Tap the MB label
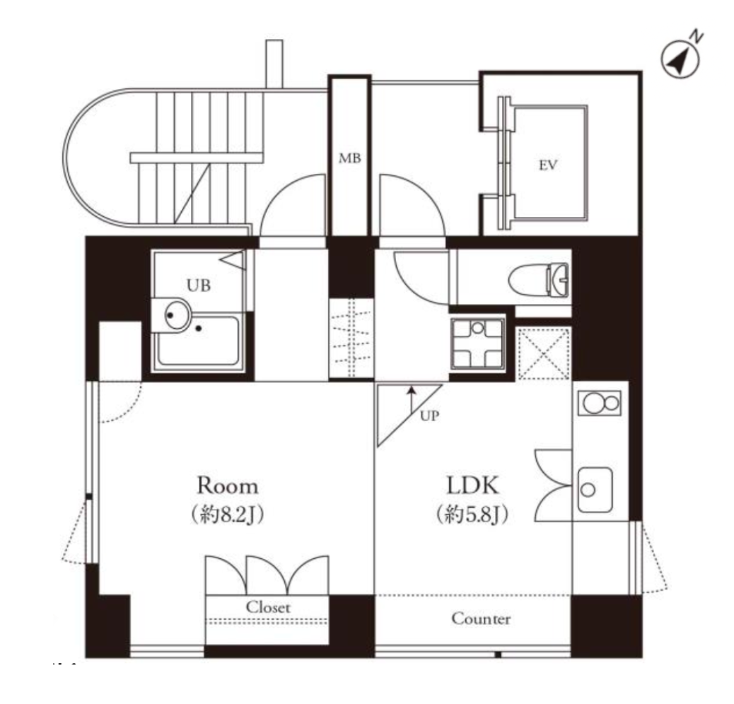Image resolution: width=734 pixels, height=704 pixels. click(350, 158)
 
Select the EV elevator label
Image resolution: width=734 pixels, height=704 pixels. click(548, 165)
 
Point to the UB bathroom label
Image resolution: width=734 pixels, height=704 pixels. click(199, 285)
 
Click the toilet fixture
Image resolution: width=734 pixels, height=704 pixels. click(538, 279)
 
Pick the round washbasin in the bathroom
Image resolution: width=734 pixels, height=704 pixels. click(177, 315)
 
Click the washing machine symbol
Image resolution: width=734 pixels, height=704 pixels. click(477, 344)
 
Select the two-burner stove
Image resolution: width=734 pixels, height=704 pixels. click(600, 403)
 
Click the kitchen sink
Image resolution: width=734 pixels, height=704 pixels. click(595, 489)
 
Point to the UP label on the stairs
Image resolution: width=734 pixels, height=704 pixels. click(429, 416)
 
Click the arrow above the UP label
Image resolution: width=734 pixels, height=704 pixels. click(412, 400)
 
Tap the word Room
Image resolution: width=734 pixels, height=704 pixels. click(228, 486)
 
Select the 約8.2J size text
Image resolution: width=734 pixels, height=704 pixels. click(228, 515)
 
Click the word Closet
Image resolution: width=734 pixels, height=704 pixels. click(268, 607)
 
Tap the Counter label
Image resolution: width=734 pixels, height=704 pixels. click(481, 618)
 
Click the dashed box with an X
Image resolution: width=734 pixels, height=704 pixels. click(544, 353)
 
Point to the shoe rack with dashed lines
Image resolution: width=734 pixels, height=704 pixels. click(351, 337)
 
